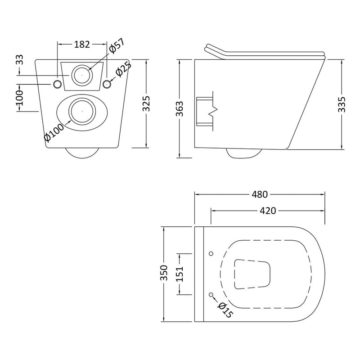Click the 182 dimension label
(x=82, y=44)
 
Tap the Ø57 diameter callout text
(x=117, y=46)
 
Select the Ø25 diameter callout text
(x=123, y=69)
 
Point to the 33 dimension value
(x=20, y=60)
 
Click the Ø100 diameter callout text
(x=54, y=133)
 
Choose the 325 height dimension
(x=146, y=104)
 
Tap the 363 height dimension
(x=180, y=109)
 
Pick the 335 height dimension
(x=342, y=105)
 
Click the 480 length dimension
(x=260, y=194)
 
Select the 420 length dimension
(x=268, y=211)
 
